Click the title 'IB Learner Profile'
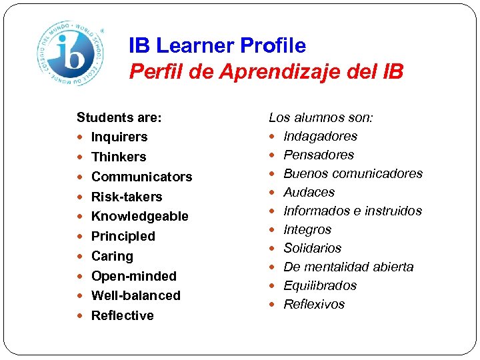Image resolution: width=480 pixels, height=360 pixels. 217,45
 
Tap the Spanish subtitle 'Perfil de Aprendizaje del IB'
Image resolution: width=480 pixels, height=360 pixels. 266,71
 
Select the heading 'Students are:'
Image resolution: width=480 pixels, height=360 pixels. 119,117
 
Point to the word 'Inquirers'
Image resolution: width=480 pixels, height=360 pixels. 119,137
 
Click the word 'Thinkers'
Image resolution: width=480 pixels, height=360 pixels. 118,157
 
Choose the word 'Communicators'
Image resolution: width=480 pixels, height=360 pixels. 141,177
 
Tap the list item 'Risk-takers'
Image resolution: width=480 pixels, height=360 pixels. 127,197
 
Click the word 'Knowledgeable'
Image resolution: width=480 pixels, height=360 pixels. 139,216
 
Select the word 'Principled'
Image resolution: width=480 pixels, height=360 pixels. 123,236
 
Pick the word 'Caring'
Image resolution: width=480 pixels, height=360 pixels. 112,256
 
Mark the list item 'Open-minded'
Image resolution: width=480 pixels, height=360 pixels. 133,276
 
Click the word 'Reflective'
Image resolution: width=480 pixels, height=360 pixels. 122,315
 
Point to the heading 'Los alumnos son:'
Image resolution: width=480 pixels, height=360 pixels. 321,117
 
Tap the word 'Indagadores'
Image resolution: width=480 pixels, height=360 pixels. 320,136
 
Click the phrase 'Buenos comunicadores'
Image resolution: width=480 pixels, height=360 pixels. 353,173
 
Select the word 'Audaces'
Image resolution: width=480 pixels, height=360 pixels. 309,192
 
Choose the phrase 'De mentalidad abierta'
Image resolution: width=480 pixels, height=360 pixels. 348,267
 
